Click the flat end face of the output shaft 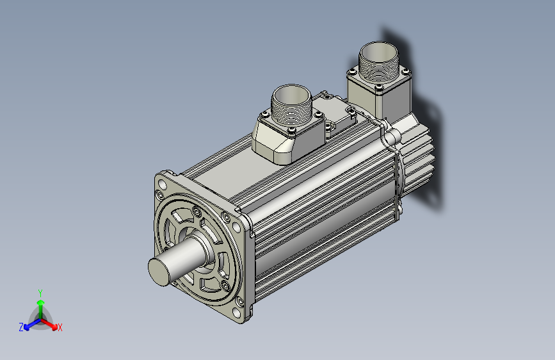click(159, 272)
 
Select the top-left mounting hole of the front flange click(162, 184)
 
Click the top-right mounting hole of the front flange click(236, 226)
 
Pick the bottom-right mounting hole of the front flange click(236, 313)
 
